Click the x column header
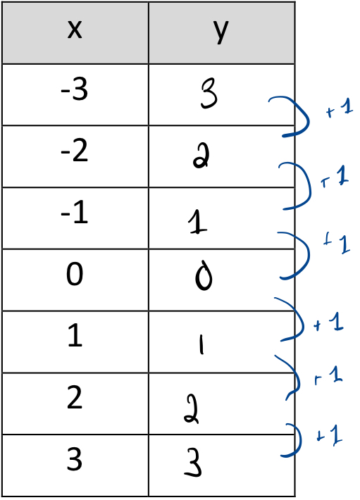pyautogui.click(x=75, y=30)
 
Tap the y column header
pyautogui.click(x=221, y=32)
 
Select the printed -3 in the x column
pyautogui.click(x=74, y=90)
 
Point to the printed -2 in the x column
pyautogui.click(x=74, y=151)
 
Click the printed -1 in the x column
pyautogui.click(x=74, y=213)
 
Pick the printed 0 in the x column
pyautogui.click(x=75, y=274)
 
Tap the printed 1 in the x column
pyautogui.click(x=75, y=335)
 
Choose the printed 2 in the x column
pyautogui.click(x=75, y=397)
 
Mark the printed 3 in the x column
pyautogui.click(x=75, y=459)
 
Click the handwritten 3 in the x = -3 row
pyautogui.click(x=209, y=94)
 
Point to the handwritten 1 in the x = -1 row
pyautogui.click(x=197, y=222)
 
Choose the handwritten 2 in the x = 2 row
pyautogui.click(x=192, y=409)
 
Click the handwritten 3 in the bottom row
pyautogui.click(x=193, y=463)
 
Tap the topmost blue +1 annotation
pyautogui.click(x=340, y=108)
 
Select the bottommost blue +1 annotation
pyautogui.click(x=329, y=435)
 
